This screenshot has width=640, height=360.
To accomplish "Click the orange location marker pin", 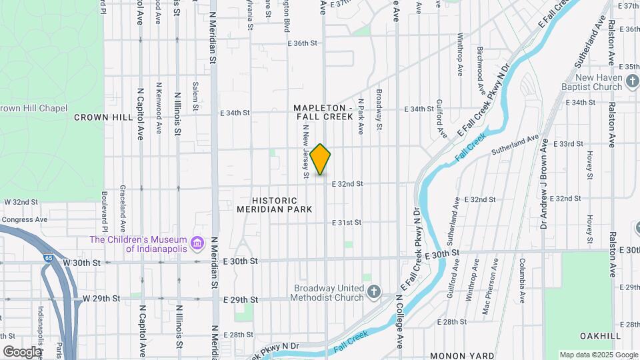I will pos(321,159).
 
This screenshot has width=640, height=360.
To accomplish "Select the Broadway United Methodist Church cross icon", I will pos(375,291).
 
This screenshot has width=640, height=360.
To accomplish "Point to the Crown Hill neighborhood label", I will pos(103,117).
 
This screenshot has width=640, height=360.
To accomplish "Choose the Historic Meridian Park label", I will pos(283,205).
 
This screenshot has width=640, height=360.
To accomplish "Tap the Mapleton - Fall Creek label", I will pos(323,112).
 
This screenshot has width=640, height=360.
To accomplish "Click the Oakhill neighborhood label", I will pos(600,335).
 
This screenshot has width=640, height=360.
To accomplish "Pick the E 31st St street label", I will pos(347,222).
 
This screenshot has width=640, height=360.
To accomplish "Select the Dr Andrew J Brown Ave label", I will pos(545,183).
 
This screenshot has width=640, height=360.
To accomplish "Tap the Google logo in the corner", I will pos(22,351).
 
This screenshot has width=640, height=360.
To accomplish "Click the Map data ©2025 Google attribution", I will pos(598,355).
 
